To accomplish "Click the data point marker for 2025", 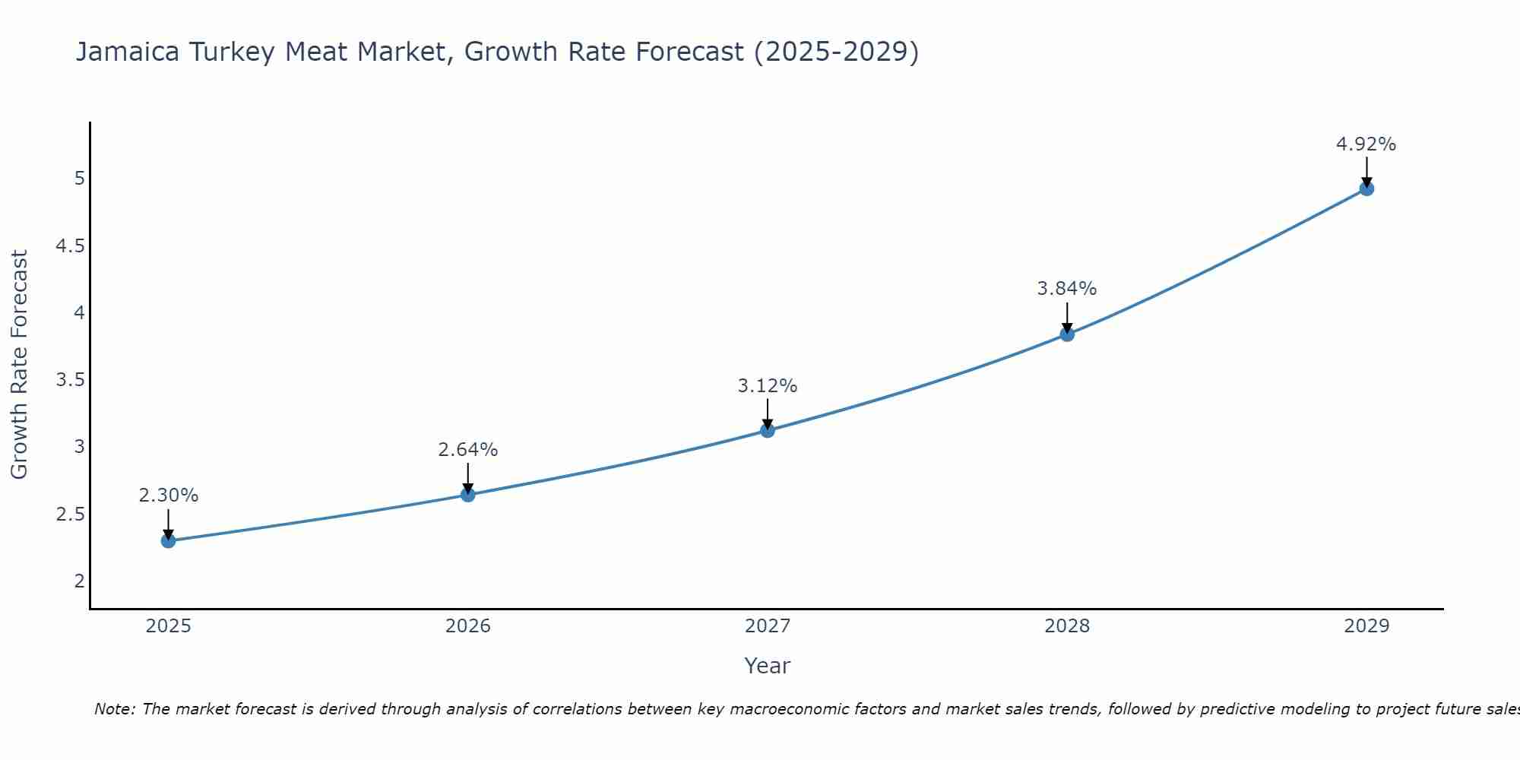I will [x=169, y=541].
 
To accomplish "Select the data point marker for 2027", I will [x=768, y=431].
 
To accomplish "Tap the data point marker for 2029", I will [x=1366, y=188].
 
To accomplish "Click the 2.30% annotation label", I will [x=169, y=496].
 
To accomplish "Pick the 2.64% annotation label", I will [x=468, y=450].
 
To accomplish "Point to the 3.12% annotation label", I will [x=768, y=386].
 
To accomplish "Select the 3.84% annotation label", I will [x=1067, y=289].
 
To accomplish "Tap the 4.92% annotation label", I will [x=1366, y=144].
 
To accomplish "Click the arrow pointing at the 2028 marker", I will [x=1067, y=317].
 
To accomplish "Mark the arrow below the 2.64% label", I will [x=468, y=478].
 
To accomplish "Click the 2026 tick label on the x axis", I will [x=468, y=626].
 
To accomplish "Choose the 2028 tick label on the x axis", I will [x=1067, y=626].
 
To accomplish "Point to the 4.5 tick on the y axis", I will [x=70, y=246].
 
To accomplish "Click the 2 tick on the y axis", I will [x=80, y=581].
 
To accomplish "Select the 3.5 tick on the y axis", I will [x=70, y=380].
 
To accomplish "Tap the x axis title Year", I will [x=768, y=666].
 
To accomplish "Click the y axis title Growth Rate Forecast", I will [x=20, y=365].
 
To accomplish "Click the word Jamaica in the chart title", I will [x=128, y=52].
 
